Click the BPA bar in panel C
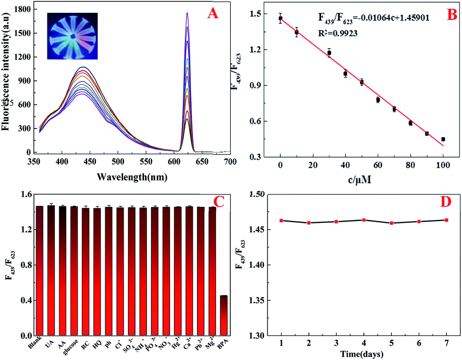(224, 315)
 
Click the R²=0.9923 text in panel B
(337, 34)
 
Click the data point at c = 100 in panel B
(443, 139)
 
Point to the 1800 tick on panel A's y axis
(25, 9)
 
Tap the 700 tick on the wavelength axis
(230, 161)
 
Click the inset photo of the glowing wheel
(72, 36)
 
